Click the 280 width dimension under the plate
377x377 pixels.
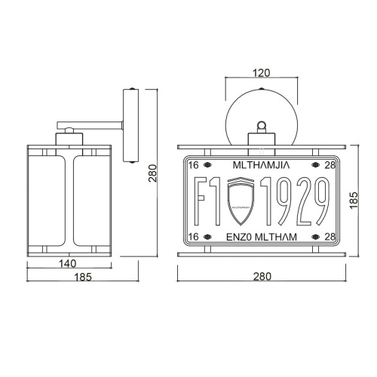pyautogui.click(x=261, y=277)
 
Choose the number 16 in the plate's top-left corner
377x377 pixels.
pyautogui.click(x=194, y=164)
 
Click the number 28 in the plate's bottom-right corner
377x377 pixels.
pyautogui.click(x=329, y=237)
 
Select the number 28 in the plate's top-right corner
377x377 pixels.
pyautogui.click(x=329, y=164)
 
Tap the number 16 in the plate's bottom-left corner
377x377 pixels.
pyautogui.click(x=194, y=237)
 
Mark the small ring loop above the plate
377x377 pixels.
pyautogui.click(x=262, y=125)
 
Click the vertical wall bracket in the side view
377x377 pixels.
pyautogui.click(x=129, y=124)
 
